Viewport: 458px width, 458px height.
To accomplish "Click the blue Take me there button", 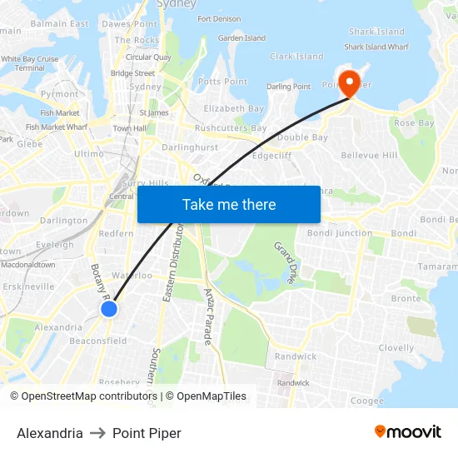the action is click(x=229, y=204).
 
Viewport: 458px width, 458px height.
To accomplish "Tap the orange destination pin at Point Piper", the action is click(x=349, y=83).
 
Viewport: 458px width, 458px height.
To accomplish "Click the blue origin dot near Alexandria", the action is click(x=109, y=309).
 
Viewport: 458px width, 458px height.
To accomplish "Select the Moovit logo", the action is click(x=407, y=432).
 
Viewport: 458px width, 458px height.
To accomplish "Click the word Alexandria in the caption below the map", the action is click(x=50, y=433).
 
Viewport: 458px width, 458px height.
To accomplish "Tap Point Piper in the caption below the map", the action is click(x=147, y=433).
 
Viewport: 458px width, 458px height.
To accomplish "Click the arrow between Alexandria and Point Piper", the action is click(x=97, y=433).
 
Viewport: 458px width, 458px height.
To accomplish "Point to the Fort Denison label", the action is click(x=220, y=18).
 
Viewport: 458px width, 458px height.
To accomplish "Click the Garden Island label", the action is click(x=241, y=38).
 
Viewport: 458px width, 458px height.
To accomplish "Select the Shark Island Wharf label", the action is click(x=376, y=47).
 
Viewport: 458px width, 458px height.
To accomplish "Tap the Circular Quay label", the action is click(x=148, y=57).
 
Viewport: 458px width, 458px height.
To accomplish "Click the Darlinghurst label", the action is click(x=190, y=147).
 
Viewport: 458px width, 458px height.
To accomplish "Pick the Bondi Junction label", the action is click(x=340, y=233).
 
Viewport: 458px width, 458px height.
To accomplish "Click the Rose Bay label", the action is click(x=414, y=123).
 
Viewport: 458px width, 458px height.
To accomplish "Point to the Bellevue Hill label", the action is click(x=369, y=155).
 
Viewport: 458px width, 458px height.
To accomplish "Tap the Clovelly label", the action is click(x=396, y=348).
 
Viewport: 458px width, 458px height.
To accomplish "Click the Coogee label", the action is click(x=366, y=401).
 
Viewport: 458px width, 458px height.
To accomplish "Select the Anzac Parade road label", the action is click(x=209, y=316).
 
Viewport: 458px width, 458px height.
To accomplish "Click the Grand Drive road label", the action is click(x=285, y=263).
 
